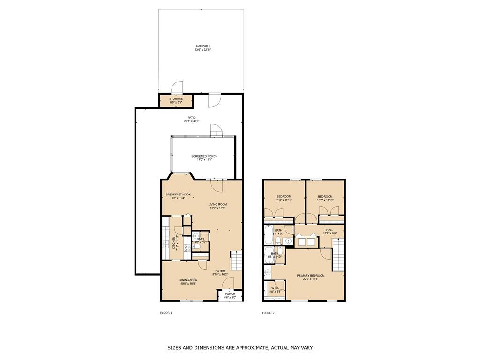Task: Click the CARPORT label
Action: (203, 46)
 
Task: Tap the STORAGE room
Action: (176, 100)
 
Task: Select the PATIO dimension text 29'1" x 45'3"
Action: (192, 121)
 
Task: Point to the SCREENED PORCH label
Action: (204, 156)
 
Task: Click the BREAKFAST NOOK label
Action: (178, 195)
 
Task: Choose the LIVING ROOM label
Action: (217, 204)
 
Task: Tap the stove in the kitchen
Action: (187, 248)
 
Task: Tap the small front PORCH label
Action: (230, 294)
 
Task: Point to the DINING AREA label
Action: (188, 280)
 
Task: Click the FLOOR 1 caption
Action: (166, 313)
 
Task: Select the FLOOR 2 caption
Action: (268, 313)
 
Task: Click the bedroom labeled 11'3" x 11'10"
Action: (284, 198)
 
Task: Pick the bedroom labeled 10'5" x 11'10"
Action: (325, 198)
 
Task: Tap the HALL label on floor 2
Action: (330, 230)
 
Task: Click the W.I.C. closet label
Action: (275, 288)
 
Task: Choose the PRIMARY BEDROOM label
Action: (307, 276)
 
